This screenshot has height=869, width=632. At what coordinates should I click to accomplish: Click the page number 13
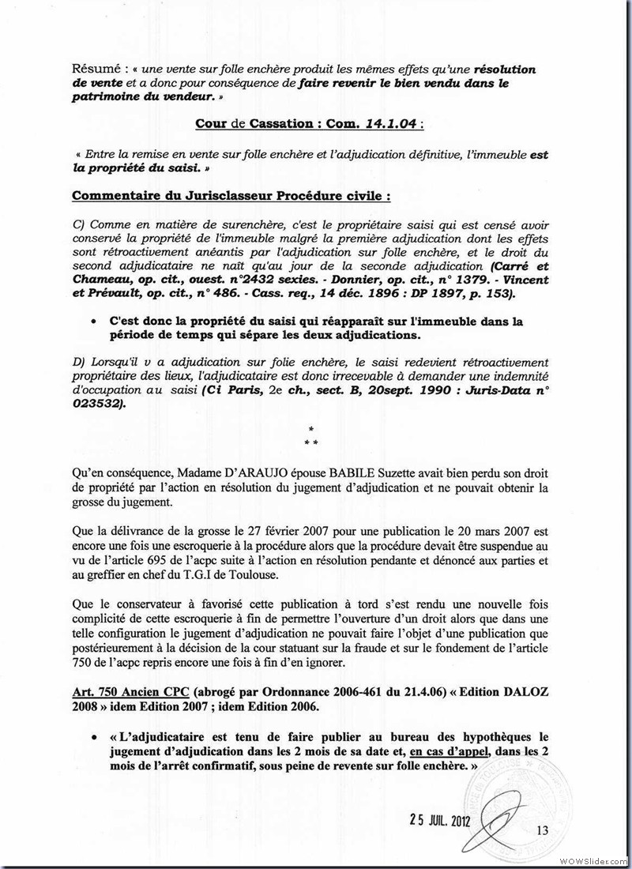coord(541,829)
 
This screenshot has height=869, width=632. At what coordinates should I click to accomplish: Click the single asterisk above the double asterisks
coord(311,427)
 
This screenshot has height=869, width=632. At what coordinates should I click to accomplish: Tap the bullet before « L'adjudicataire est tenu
coord(94,737)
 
